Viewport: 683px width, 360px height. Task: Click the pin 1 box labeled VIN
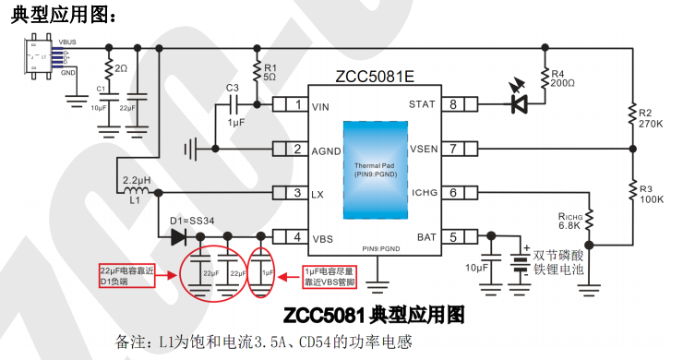pyautogui.click(x=299, y=104)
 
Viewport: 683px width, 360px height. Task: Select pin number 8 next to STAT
pyautogui.click(x=453, y=104)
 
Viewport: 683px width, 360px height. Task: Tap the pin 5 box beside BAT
pyautogui.click(x=453, y=237)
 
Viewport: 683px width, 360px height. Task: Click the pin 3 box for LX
pyautogui.click(x=299, y=193)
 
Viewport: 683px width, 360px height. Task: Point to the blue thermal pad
pyautogui.click(x=374, y=170)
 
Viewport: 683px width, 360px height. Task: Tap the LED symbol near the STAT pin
pyautogui.click(x=522, y=102)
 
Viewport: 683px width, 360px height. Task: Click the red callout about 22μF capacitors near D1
pyautogui.click(x=127, y=275)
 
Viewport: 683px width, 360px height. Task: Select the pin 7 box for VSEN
pyautogui.click(x=453, y=149)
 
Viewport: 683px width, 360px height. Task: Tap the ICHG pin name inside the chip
pyautogui.click(x=424, y=193)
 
